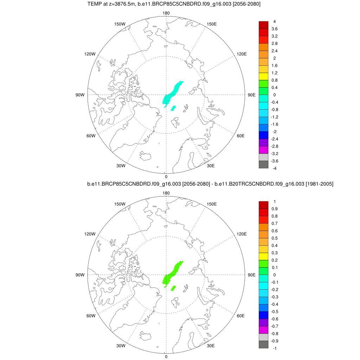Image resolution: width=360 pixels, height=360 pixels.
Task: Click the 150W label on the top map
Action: coord(120,24)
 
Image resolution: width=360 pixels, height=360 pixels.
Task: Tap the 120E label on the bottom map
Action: coord(242,234)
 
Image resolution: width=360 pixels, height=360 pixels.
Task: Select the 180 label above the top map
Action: coord(166,13)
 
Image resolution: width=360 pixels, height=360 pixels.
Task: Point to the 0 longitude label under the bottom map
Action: coord(166,356)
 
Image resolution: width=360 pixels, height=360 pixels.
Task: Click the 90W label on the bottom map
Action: coord(80,275)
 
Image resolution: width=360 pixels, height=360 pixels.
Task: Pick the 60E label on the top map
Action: coord(241,136)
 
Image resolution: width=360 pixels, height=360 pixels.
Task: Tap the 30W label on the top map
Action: coord(121,166)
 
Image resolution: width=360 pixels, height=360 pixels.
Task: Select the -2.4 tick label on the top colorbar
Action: coord(275,139)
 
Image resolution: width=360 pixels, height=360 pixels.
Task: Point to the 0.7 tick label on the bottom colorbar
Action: coord(275,223)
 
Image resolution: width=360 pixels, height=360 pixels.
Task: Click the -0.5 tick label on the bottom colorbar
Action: coord(275,311)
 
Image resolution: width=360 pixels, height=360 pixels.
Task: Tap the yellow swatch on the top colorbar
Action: coord(263,76)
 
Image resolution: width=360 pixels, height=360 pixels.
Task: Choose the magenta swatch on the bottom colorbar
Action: coord(263,329)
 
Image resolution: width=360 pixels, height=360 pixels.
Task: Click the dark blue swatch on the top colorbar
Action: coord(263,135)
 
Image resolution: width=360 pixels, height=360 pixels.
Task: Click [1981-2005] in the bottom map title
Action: coord(317,184)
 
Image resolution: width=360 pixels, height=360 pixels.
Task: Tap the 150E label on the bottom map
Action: coord(212,204)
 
